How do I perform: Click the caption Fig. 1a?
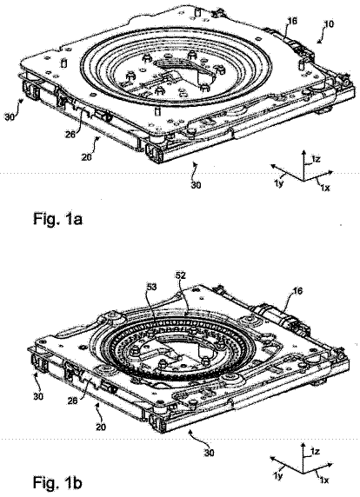point(57,219)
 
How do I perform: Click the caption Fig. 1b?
point(57,483)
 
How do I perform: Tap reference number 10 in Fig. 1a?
point(329,24)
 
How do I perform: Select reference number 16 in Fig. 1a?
point(291,21)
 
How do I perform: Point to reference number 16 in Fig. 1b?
point(297,290)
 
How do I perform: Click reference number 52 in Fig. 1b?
point(181,275)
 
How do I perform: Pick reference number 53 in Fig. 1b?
point(151,288)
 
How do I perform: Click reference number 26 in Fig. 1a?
point(70,134)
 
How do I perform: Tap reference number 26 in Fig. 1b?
point(73,401)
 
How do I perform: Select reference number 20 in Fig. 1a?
point(87,156)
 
